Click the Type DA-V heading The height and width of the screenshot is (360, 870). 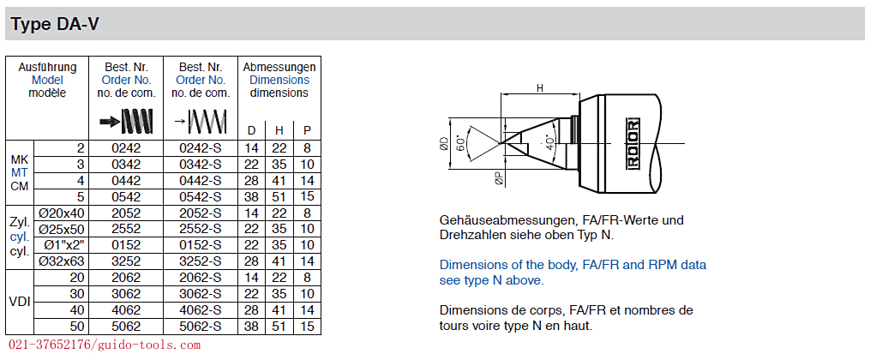[x=55, y=24]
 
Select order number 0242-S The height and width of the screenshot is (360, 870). [x=201, y=148]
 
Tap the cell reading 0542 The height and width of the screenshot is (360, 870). [x=126, y=196]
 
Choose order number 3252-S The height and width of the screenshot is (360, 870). [x=201, y=261]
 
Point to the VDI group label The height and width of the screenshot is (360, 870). [x=20, y=303]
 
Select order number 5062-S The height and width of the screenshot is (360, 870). [x=201, y=327]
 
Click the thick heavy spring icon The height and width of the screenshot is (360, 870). [x=127, y=122]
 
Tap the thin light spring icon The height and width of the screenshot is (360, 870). [x=201, y=122]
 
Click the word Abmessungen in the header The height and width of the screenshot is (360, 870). [x=279, y=67]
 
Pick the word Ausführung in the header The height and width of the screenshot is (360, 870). [x=47, y=67]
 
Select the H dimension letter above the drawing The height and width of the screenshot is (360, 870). [x=540, y=87]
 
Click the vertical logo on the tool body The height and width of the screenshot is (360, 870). [x=633, y=142]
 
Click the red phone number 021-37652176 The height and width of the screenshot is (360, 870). [x=51, y=345]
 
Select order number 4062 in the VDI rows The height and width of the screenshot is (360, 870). [x=126, y=309]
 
